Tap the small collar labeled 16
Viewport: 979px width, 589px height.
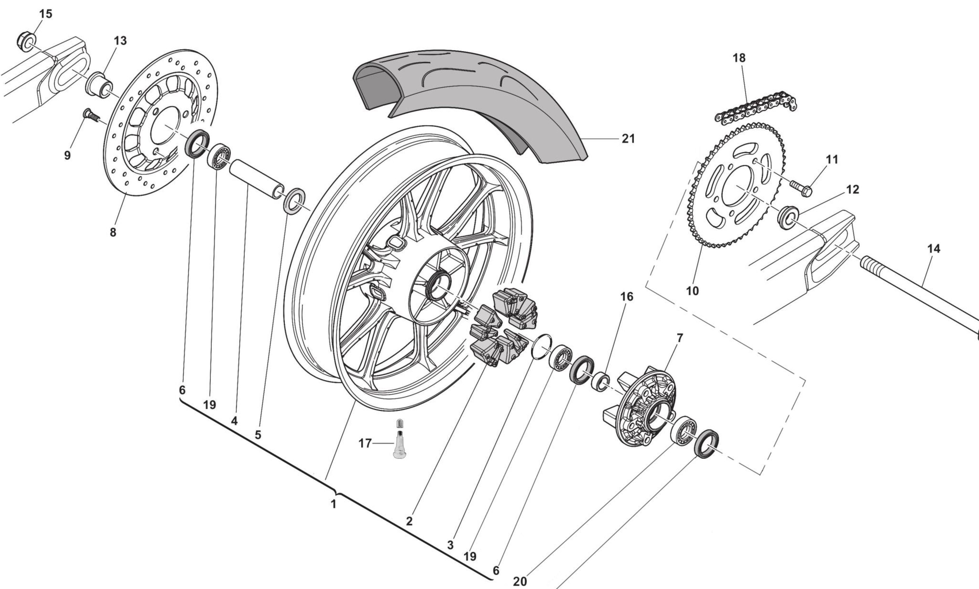tap(600, 382)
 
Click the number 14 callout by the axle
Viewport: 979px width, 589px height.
tap(933, 249)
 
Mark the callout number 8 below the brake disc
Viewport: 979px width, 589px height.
tap(113, 233)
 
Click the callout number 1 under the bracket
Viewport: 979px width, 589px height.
tap(333, 505)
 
